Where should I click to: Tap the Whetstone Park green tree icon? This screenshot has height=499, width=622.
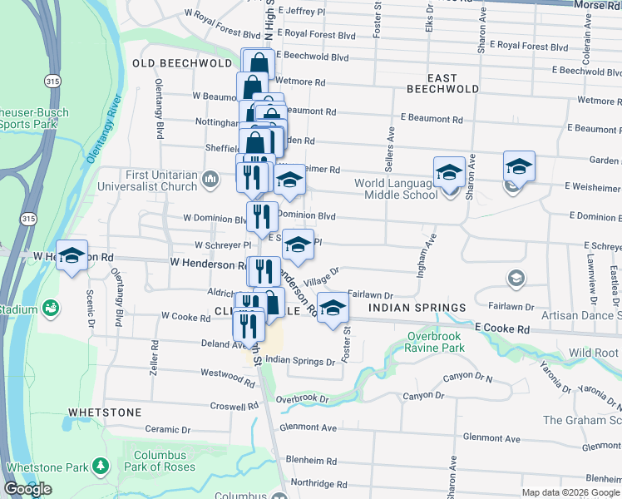pyautogui.click(x=101, y=464)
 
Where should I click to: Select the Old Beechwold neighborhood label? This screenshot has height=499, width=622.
pyautogui.click(x=181, y=63)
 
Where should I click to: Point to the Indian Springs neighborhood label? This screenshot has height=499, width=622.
pyautogui.click(x=417, y=308)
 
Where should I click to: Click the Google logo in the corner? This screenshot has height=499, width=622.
pyautogui.click(x=27, y=489)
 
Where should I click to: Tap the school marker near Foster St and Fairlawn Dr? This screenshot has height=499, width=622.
pyautogui.click(x=333, y=309)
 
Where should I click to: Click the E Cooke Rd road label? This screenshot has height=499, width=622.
pyautogui.click(x=503, y=329)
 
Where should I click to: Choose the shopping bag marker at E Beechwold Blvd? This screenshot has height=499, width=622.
pyautogui.click(x=259, y=64)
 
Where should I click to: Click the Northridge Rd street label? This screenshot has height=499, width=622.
pyautogui.click(x=319, y=483)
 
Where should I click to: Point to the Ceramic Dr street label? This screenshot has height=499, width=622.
pyautogui.click(x=167, y=430)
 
